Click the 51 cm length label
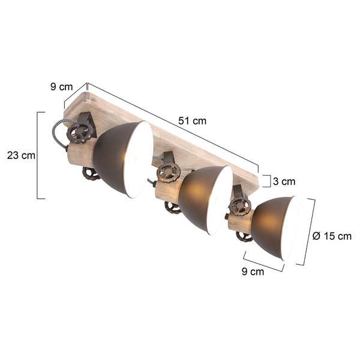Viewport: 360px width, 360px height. pos(192,121)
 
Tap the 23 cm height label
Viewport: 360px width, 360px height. pos(21,155)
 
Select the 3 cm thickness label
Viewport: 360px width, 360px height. pos(284,181)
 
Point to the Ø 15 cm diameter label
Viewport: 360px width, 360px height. pos(332,236)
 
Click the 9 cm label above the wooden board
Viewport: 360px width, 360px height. pos(62,87)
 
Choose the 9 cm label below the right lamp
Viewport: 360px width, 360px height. pos(253,271)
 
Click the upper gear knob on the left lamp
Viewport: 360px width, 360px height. pos(77,134)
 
